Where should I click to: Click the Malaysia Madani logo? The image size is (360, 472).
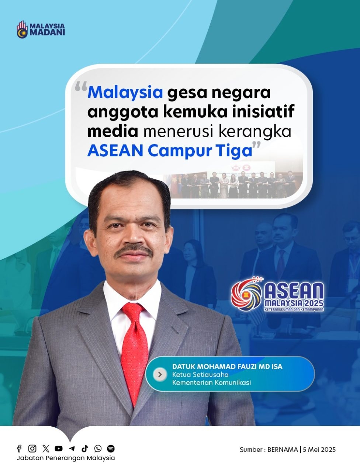coord(41,29)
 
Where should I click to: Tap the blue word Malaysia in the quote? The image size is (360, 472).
coord(125,93)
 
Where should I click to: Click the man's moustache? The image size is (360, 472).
coord(133,251)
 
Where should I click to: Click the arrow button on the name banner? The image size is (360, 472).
coord(160,374)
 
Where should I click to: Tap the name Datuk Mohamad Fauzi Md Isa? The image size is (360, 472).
coord(227,367)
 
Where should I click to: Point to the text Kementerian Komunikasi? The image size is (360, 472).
coord(212,383)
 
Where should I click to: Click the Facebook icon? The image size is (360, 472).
coord(19,448)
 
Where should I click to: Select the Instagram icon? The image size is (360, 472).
coord(32,448)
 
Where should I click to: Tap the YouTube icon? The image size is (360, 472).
coord(59,448)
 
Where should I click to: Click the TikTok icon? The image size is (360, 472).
coord(85,448)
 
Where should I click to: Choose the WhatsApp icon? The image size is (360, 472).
coord(98,448)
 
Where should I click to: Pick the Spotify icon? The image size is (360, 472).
coord(111,448)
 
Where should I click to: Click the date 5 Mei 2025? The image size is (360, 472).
coord(319,450)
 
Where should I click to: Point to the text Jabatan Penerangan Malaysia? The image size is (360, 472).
coord(66,458)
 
